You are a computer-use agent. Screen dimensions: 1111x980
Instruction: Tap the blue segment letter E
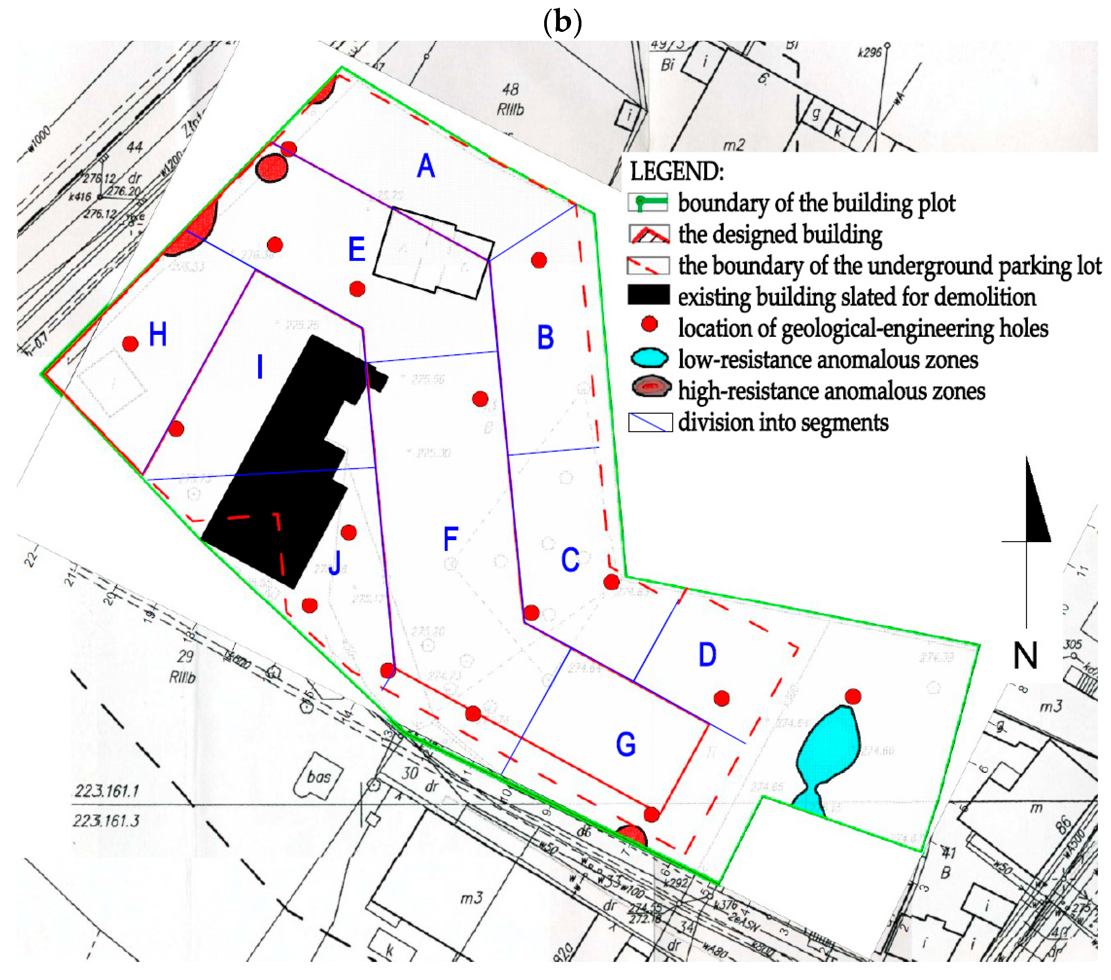click(x=356, y=250)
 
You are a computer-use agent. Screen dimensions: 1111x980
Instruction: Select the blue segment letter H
click(x=158, y=334)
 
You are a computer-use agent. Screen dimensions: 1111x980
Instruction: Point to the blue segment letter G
click(x=626, y=744)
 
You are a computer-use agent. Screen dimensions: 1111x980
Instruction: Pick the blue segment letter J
click(x=335, y=562)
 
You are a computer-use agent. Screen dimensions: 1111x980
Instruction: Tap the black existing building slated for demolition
click(x=283, y=468)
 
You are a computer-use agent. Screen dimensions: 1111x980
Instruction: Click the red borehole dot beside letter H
click(x=130, y=343)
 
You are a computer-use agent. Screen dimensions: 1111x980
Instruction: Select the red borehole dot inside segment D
click(x=721, y=699)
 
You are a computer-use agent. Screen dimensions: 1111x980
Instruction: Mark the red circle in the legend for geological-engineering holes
click(x=649, y=324)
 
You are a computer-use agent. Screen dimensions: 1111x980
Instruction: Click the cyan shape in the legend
click(x=649, y=359)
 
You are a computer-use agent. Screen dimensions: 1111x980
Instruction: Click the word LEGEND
click(x=677, y=172)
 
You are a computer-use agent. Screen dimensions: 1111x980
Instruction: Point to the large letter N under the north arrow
click(x=1025, y=655)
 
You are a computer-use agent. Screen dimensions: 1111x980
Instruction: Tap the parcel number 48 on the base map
click(x=510, y=89)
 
